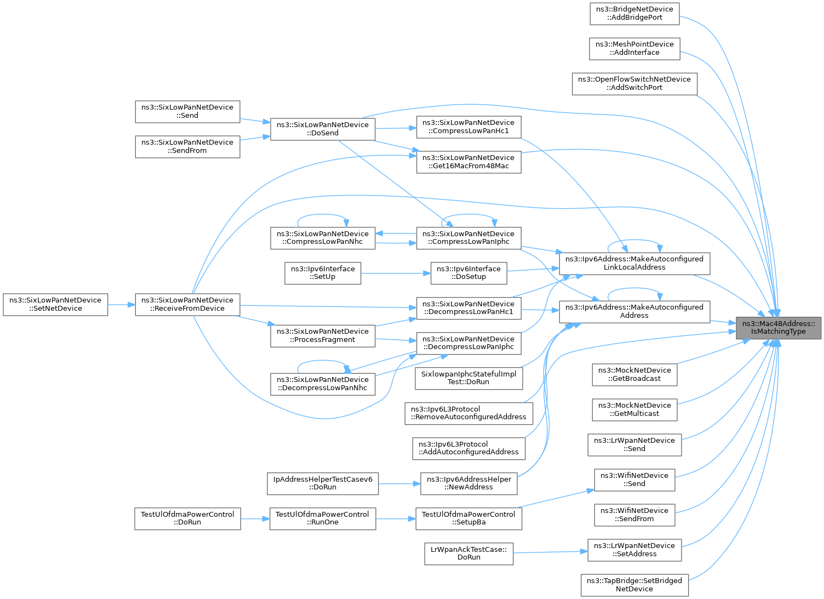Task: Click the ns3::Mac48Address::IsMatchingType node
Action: [778, 328]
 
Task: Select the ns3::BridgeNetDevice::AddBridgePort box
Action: [634, 14]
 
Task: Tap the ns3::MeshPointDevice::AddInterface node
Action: [634, 49]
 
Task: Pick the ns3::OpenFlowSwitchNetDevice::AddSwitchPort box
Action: [634, 84]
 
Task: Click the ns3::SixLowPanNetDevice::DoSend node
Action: [323, 129]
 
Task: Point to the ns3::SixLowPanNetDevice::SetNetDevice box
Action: [55, 305]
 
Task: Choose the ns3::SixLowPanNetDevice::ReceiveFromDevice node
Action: [187, 305]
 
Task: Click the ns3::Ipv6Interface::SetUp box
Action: [323, 273]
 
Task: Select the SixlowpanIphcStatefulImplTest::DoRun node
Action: [468, 378]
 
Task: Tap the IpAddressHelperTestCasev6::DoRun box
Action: [323, 484]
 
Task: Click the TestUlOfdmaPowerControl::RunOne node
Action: [323, 519]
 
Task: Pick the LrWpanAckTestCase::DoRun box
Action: [468, 554]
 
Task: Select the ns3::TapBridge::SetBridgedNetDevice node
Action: [634, 585]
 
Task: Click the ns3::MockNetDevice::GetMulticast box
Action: [634, 410]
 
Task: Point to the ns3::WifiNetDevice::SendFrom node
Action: [634, 515]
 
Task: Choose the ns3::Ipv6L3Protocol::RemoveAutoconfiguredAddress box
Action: [468, 414]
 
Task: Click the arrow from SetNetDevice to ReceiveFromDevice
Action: [122, 305]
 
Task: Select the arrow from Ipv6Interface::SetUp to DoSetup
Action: [396, 273]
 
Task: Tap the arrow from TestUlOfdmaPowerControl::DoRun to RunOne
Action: [255, 519]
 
